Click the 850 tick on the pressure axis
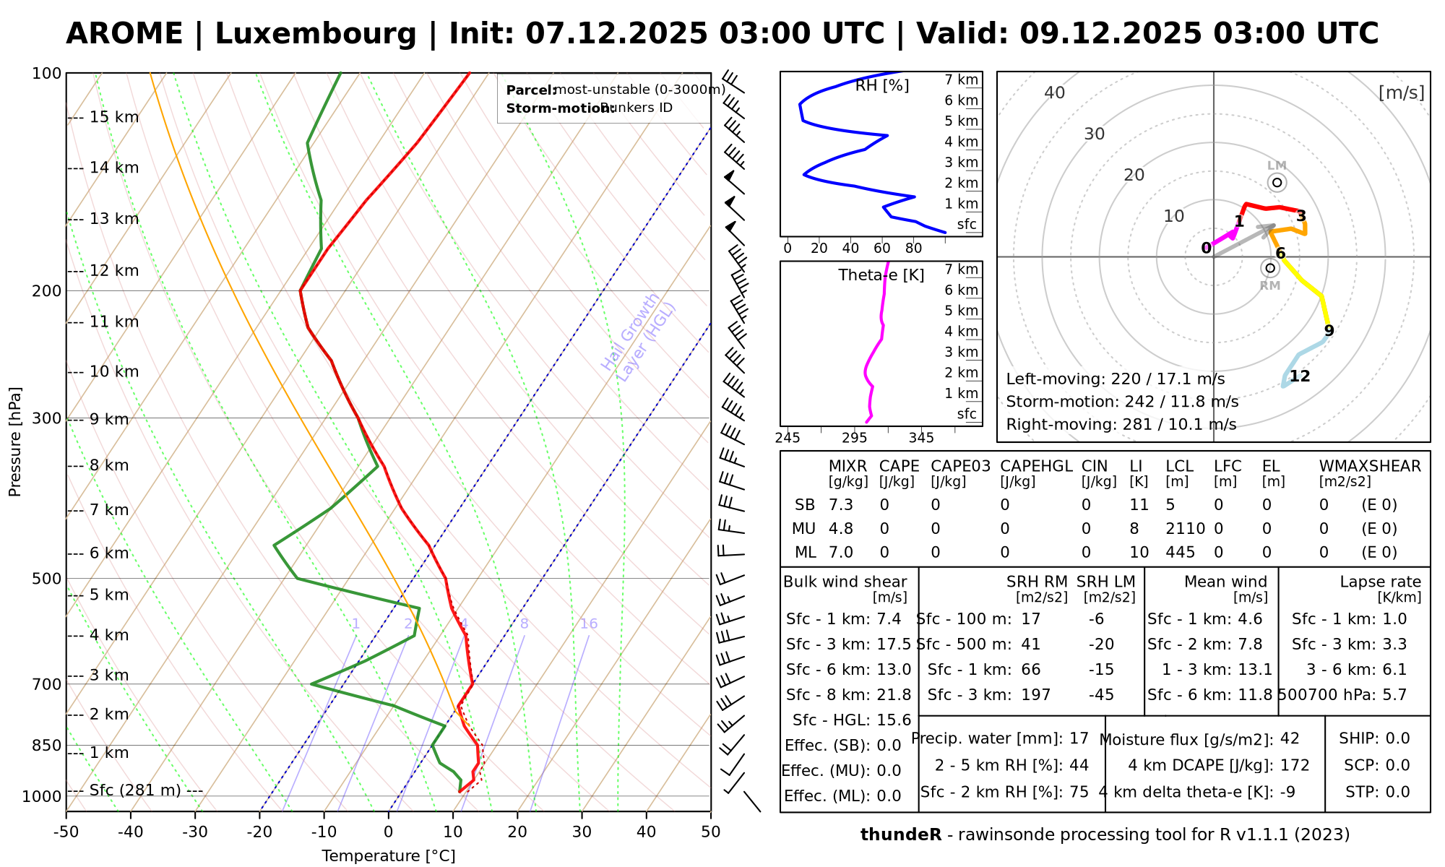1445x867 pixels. coord(47,745)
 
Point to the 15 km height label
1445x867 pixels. coord(113,117)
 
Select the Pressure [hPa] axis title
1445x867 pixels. coord(15,441)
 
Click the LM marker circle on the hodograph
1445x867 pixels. coord(1277,182)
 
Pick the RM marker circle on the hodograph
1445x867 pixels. coord(1270,268)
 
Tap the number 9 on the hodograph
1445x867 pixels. coord(1329,331)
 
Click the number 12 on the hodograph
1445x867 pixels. coord(1300,376)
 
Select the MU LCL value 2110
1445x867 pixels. coord(1185,529)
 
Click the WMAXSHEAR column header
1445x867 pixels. coord(1370,466)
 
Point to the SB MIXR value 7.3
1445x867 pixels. coord(841,505)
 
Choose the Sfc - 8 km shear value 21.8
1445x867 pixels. coord(895,695)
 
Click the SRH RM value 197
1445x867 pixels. coord(1035,695)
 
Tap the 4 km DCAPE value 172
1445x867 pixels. coord(1295,765)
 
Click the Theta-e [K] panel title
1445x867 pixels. coord(881,275)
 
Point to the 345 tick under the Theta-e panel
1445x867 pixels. coord(921,438)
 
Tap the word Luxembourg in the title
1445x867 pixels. coord(316,34)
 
